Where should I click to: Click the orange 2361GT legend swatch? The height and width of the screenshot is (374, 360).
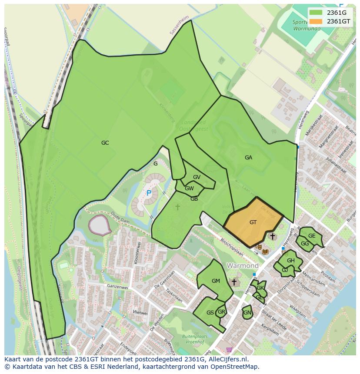[316, 21]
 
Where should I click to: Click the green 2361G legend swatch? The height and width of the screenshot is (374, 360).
[316, 13]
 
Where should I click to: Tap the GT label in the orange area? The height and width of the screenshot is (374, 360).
[253, 222]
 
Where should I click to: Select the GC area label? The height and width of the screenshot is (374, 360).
[105, 143]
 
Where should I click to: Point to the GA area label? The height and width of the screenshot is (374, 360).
[248, 158]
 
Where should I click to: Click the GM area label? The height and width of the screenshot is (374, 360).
[216, 281]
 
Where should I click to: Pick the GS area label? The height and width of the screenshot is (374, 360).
[210, 313]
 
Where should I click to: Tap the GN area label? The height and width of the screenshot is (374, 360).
[247, 313]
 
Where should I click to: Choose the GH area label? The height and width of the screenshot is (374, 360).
[291, 261]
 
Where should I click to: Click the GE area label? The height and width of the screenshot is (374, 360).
[312, 236]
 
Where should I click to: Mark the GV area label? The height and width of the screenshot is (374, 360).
[197, 177]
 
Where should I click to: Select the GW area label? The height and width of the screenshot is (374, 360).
[189, 189]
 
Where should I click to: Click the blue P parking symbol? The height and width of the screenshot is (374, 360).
[149, 193]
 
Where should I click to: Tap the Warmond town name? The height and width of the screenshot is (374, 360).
[243, 265]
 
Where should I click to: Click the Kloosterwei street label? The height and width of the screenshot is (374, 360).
[138, 252]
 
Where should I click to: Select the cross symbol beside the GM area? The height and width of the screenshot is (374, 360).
[234, 282]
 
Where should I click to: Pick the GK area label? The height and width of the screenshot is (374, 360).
[260, 288]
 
